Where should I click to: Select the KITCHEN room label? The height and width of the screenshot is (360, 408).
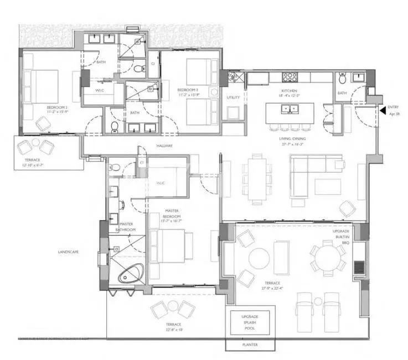pyautogui.click(x=288, y=91)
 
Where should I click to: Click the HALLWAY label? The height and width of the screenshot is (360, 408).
pyautogui.click(x=164, y=146)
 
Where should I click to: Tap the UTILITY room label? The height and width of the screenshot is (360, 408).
pyautogui.click(x=233, y=97)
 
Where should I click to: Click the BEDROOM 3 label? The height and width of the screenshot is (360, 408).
pyautogui.click(x=188, y=90)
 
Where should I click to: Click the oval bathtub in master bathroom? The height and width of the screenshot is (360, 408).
pyautogui.click(x=131, y=273)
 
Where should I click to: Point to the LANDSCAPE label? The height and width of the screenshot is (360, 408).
pyautogui.click(x=68, y=252)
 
